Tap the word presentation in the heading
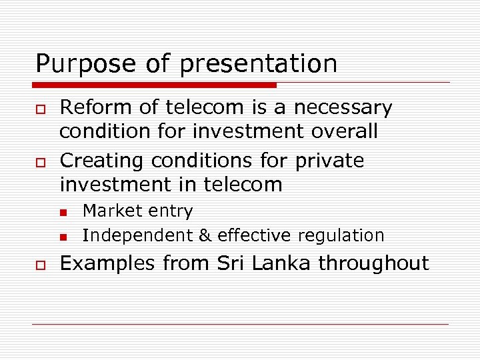coord(259,64)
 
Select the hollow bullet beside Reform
coord(40,108)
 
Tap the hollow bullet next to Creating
coord(40,161)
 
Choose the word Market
coord(107,211)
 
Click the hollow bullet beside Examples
coord(40,264)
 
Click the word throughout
coord(373,263)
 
